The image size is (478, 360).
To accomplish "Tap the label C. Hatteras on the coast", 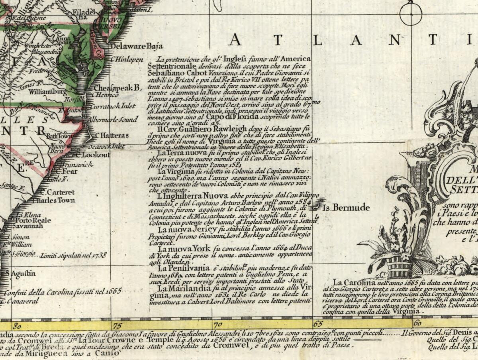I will pos(112,136).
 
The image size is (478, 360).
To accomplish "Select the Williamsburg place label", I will pos(47,92).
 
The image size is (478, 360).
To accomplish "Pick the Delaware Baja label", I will pos(136,46).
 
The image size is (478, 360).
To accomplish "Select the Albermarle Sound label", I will pos(113,119).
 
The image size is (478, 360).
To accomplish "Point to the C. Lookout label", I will pos(92,155).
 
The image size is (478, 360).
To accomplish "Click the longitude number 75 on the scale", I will pos(117,325).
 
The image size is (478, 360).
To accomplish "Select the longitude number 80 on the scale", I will pos(17,325).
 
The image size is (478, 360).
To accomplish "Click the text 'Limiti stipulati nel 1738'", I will pos(74,255).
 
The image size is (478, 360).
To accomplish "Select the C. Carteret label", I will pos(57,192).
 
